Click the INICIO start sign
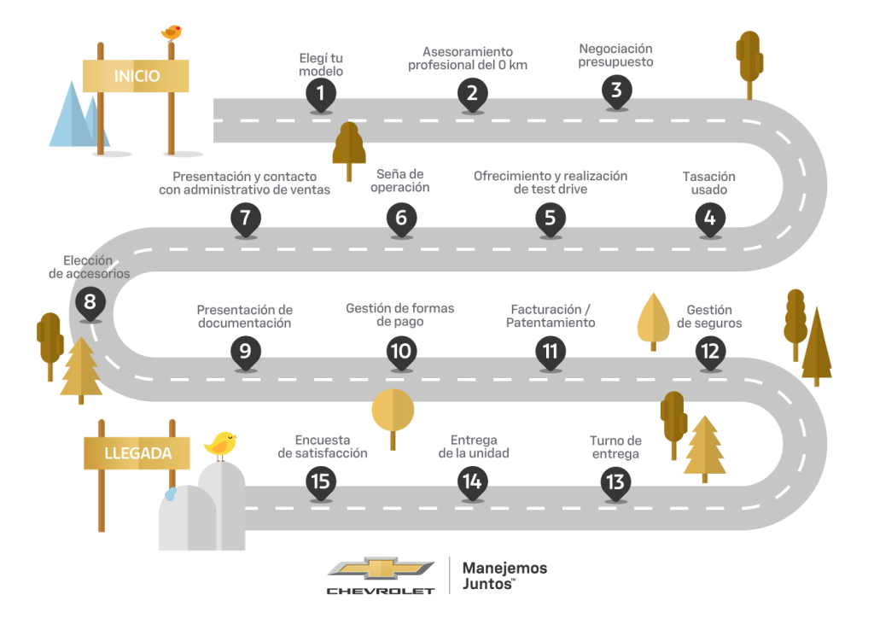pyautogui.click(x=137, y=76)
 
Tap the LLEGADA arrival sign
pyautogui.click(x=137, y=452)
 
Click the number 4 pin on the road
pyautogui.click(x=709, y=218)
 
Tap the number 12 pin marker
pyautogui.click(x=710, y=351)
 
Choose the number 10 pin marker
pyautogui.click(x=400, y=351)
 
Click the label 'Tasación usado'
pyautogui.click(x=708, y=183)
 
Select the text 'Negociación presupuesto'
pyautogui.click(x=615, y=55)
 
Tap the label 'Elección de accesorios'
pyautogui.click(x=89, y=267)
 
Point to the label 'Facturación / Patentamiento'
pyautogui.click(x=551, y=316)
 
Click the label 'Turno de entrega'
pyautogui.click(x=615, y=447)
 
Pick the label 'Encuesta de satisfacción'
pyautogui.click(x=323, y=446)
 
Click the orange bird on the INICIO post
pyautogui.click(x=172, y=32)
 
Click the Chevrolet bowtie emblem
pyautogui.click(x=381, y=569)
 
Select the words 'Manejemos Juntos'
pyautogui.click(x=504, y=575)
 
